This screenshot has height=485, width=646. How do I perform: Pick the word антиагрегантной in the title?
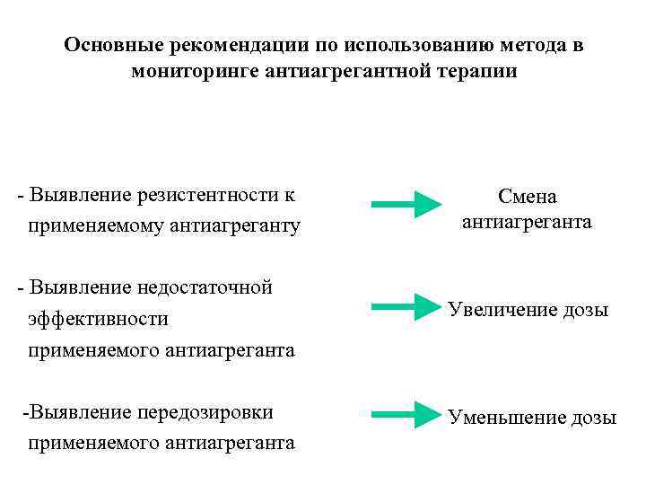[x=354, y=71]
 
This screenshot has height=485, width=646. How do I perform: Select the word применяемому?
[x=93, y=225]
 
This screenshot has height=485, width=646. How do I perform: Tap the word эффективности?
[x=99, y=319]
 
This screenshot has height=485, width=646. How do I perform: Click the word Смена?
[x=528, y=196]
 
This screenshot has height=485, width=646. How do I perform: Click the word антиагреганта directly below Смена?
[x=528, y=222]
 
